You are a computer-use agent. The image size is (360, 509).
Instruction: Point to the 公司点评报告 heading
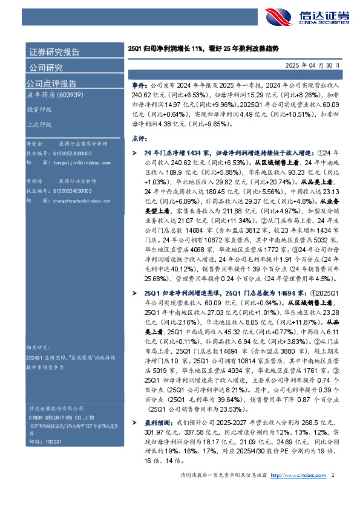pos(51,83)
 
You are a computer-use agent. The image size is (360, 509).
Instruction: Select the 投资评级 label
pos(39,109)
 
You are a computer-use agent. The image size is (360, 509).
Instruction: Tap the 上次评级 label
pos(39,125)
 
